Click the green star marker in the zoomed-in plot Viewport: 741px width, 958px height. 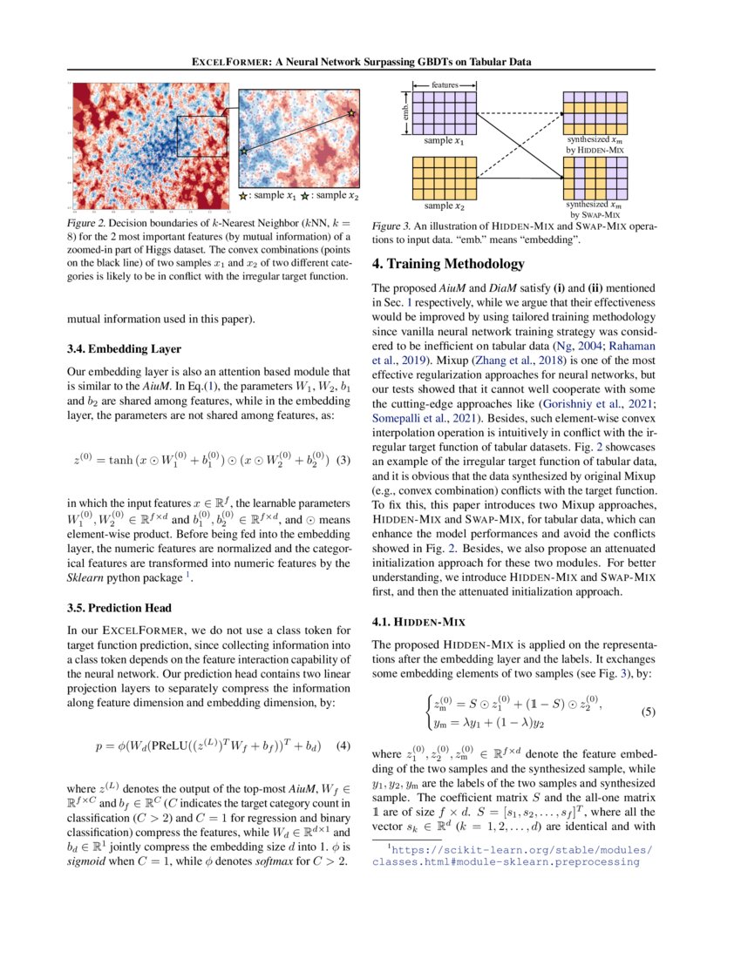pos(243,151)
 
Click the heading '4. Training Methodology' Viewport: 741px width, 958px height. pos(448,264)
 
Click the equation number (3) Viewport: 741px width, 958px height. pos(343,460)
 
